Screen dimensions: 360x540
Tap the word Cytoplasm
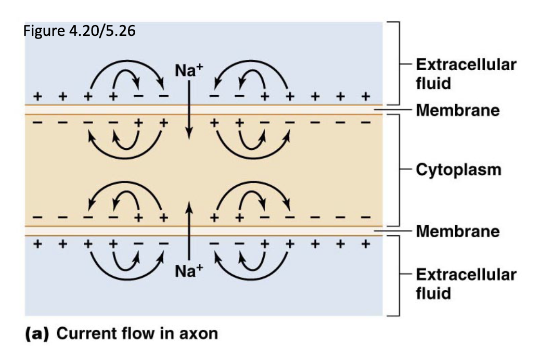457,170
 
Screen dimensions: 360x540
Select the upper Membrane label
457,110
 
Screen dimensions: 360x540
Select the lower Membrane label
457,230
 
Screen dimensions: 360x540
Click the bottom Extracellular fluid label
465,284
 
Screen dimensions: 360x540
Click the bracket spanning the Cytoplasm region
398,170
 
